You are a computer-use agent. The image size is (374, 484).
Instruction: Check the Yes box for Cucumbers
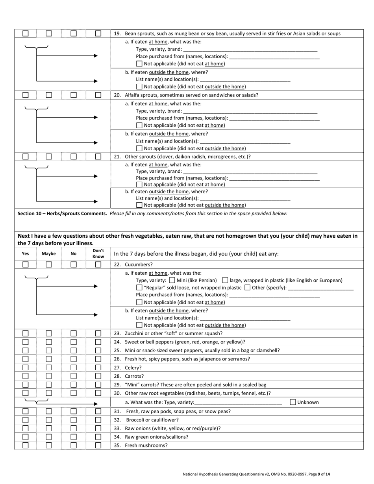coord(25,265)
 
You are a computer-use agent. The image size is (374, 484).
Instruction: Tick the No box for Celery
coord(74,368)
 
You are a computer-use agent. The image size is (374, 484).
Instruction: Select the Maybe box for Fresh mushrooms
coord(49,445)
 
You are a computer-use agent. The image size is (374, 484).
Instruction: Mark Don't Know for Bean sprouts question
coord(98,34)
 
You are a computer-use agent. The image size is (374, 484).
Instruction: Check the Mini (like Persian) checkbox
coord(172,281)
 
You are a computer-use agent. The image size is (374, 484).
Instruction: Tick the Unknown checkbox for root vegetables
coord(293,402)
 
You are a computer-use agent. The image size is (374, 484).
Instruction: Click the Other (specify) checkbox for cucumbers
coord(247,288)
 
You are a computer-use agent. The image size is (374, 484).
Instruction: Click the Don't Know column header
coord(98,253)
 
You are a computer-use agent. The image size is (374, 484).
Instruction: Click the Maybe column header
coord(49,254)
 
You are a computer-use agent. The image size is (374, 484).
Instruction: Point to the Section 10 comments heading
coord(63,214)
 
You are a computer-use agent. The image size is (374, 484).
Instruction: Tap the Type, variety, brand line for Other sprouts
coord(250,172)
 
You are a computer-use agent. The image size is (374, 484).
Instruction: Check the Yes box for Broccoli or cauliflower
coord(25,420)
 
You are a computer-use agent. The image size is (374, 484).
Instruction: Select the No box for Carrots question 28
coord(74,376)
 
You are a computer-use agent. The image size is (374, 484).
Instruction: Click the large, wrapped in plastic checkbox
coord(225,281)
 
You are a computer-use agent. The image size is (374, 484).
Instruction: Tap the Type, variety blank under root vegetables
coord(238,403)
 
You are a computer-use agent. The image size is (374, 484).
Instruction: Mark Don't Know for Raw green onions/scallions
coord(98,437)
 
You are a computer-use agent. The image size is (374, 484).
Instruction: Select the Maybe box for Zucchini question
coord(49,333)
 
